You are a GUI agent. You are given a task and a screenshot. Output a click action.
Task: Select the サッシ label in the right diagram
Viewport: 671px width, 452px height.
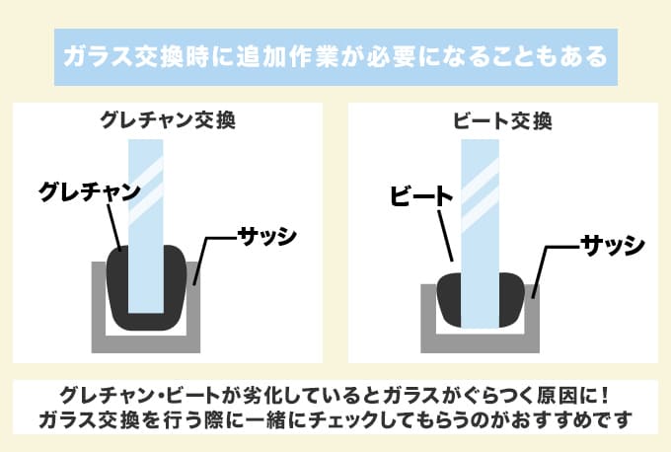pos(612,243)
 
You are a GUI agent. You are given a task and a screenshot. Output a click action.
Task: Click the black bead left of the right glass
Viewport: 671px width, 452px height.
pos(449,301)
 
